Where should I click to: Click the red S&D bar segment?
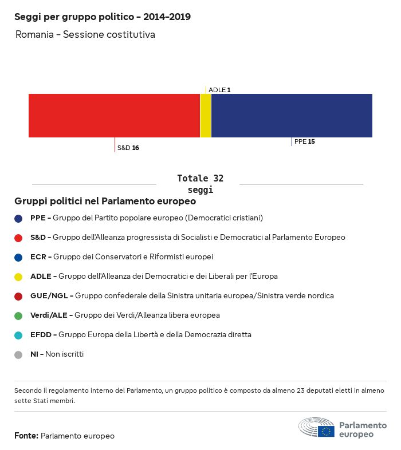coord(114,116)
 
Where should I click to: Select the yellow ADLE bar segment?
coord(206,116)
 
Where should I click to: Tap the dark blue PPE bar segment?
coord(292,116)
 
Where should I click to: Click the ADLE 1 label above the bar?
coord(219,90)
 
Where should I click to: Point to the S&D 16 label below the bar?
coord(128,148)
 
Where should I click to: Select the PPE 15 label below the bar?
coord(304,141)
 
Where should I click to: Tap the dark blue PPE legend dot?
coord(18,218)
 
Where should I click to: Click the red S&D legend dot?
coord(18,238)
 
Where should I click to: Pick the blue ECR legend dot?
coord(18,257)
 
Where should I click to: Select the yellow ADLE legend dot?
coord(18,277)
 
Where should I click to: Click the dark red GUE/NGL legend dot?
coord(18,296)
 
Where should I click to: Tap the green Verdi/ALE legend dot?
coord(18,315)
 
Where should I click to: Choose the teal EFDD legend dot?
coord(18,335)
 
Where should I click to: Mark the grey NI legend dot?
coord(18,354)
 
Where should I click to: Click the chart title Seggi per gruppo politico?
coord(103,17)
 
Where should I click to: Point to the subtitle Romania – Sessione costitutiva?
coord(85,35)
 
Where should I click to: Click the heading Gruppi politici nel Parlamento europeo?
coord(105,202)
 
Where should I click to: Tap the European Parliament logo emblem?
coord(316,428)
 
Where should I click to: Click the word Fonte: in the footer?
coord(26,436)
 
